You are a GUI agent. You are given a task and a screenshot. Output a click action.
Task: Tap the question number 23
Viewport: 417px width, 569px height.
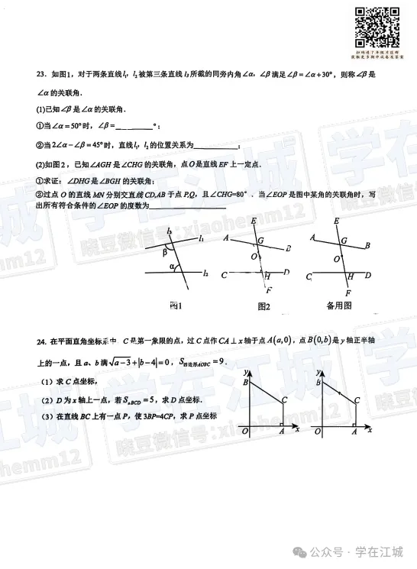coord(40,74)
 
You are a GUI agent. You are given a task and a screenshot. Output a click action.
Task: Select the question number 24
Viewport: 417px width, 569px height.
coord(40,341)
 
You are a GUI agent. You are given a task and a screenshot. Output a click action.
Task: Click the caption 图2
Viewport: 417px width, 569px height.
coord(265,306)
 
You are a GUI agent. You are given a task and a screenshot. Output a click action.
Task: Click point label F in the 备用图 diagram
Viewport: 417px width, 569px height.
coord(348,293)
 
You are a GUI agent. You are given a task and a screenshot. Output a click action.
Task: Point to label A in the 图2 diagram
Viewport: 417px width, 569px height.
coord(228,238)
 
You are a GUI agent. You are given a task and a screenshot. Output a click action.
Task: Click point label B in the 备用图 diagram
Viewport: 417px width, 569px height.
coord(367,245)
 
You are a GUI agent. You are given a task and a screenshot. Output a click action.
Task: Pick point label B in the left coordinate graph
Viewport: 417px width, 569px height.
coord(244,382)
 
